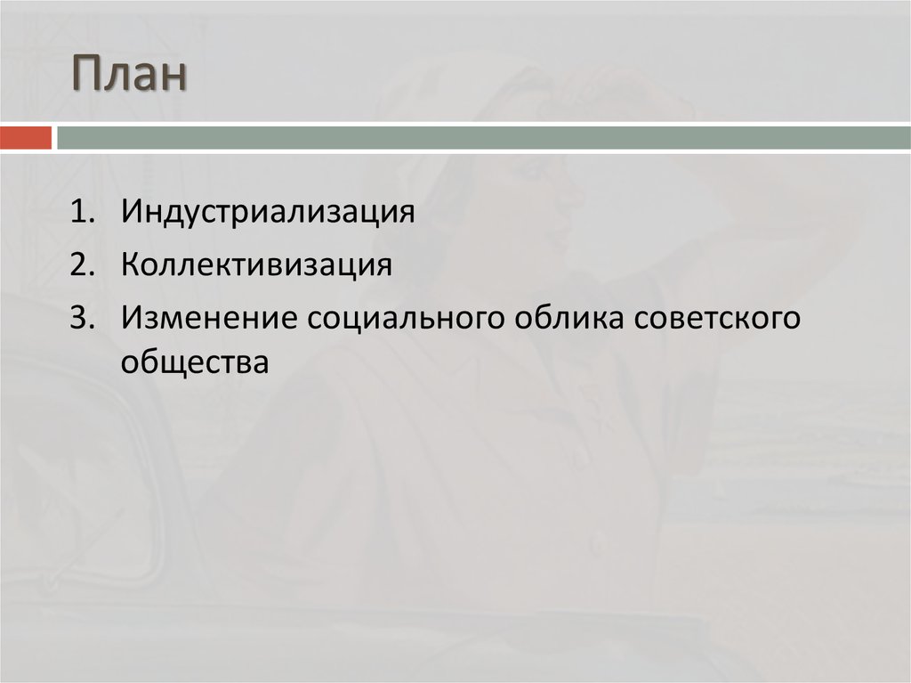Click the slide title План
[x=129, y=75]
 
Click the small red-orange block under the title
[x=26, y=138]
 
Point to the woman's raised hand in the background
[x=623, y=94]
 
